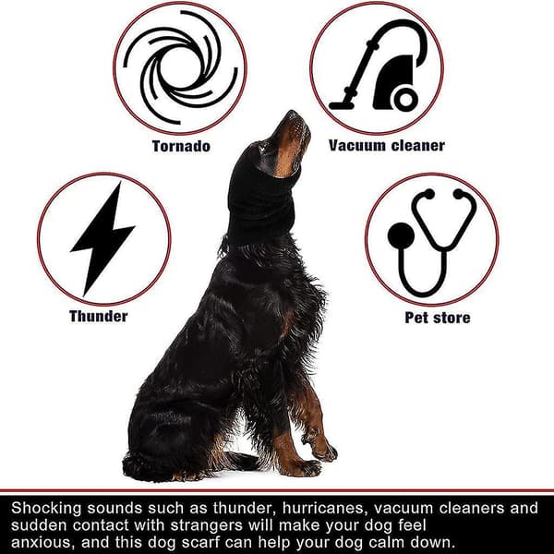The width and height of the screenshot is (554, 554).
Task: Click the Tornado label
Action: [181, 146]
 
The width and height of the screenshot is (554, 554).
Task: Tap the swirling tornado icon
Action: [180, 67]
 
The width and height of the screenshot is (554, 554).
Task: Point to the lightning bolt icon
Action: [102, 239]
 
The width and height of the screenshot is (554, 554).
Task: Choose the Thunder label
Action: [99, 316]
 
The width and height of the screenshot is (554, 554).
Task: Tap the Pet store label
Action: [438, 318]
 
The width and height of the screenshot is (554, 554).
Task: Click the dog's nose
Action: [292, 114]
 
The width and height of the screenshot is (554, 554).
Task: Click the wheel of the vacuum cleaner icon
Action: [405, 100]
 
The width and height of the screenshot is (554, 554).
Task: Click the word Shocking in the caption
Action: [47, 509]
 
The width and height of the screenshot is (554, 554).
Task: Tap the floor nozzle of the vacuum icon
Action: [342, 105]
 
